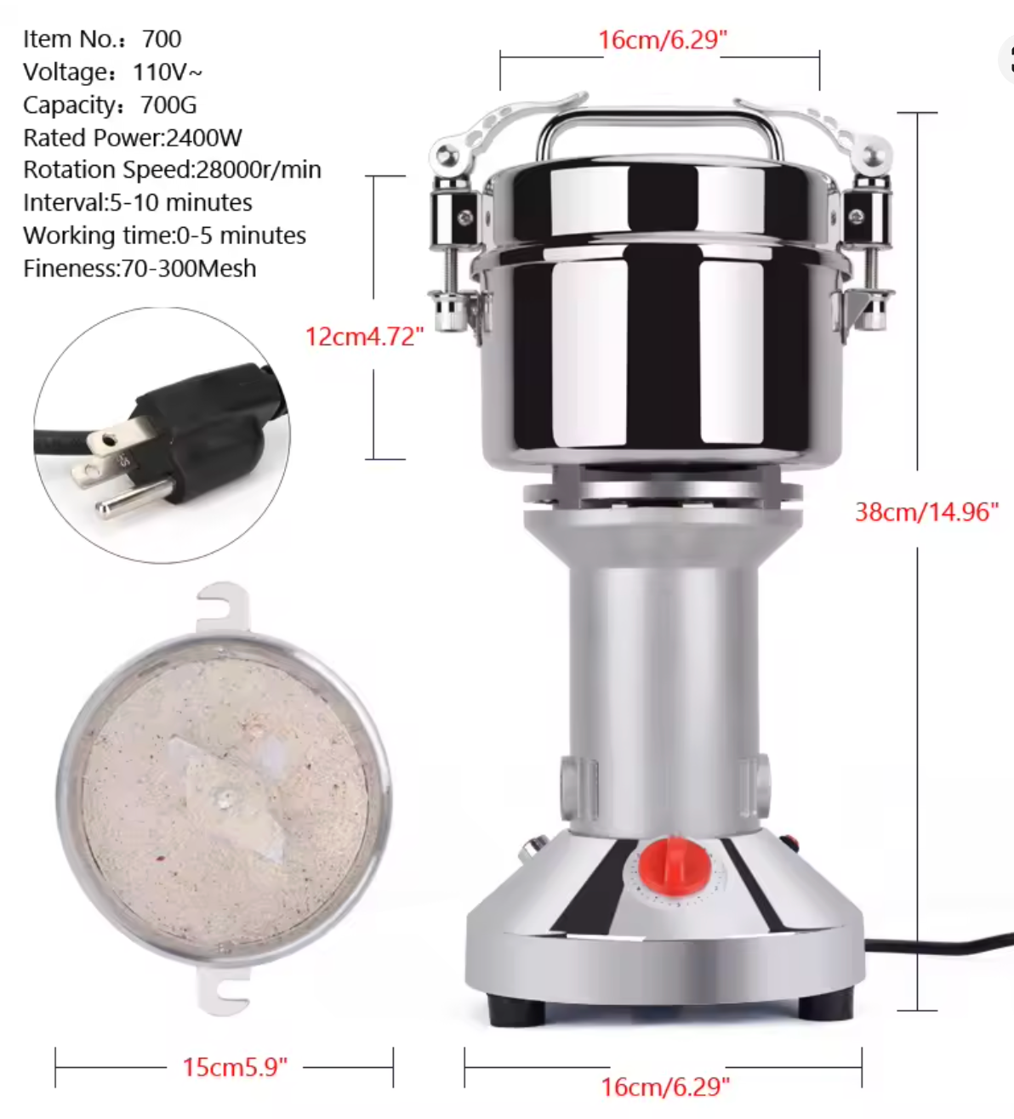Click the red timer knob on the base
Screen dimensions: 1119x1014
click(x=674, y=864)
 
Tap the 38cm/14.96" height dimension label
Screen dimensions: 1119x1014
click(x=926, y=512)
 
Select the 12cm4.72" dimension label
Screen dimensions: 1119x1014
click(x=364, y=337)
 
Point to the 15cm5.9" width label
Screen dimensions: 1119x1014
click(x=235, y=1067)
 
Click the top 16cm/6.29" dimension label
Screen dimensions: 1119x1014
click(x=662, y=40)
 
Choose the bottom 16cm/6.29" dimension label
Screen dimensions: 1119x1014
click(x=665, y=1087)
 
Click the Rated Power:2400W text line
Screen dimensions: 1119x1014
click(x=133, y=138)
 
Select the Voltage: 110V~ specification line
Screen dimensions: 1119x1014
click(x=112, y=72)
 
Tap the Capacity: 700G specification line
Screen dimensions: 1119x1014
click(x=110, y=105)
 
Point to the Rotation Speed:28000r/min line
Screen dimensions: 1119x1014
click(x=172, y=170)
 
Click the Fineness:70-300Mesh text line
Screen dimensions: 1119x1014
click(x=140, y=269)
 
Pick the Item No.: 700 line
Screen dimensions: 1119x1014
click(x=102, y=39)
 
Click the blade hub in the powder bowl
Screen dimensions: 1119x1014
click(x=225, y=798)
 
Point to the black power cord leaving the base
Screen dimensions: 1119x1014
click(x=936, y=946)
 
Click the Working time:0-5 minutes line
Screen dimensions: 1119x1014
click(x=164, y=236)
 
